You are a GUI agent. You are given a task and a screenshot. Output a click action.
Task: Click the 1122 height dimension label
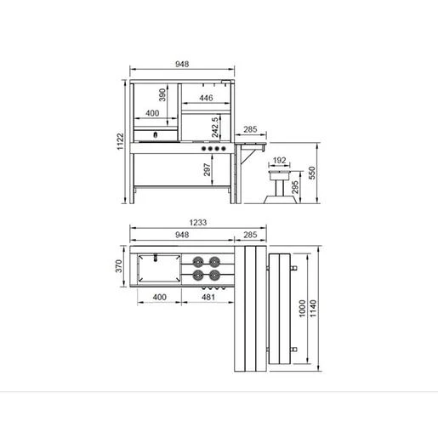pyautogui.click(x=120, y=141)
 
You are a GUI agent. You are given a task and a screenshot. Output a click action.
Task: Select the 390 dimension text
pyautogui.click(x=162, y=95)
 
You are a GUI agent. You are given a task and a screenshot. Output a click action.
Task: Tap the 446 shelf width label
pyautogui.click(x=206, y=98)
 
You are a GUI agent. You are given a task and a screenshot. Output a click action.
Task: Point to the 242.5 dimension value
pyautogui.click(x=215, y=127)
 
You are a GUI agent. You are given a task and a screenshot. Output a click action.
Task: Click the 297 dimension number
pyautogui.click(x=208, y=169)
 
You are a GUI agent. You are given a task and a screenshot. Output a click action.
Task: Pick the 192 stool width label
pyautogui.click(x=279, y=161)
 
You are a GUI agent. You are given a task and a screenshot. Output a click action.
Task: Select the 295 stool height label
pyautogui.click(x=295, y=187)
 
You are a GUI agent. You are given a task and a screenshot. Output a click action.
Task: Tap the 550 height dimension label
pyautogui.click(x=311, y=173)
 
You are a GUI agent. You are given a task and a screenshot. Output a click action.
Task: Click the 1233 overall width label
pyautogui.click(x=198, y=223)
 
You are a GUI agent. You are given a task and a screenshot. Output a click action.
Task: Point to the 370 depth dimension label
pyautogui.click(x=119, y=266)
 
